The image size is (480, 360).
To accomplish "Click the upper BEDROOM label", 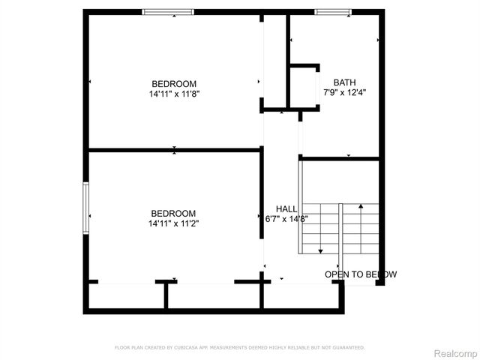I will pyautogui.click(x=174, y=84).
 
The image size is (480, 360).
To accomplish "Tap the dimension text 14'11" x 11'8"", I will pyautogui.click(x=174, y=94).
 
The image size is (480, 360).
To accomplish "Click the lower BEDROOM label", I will pyautogui.click(x=173, y=213).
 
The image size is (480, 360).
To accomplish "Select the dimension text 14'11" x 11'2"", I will pyautogui.click(x=173, y=223).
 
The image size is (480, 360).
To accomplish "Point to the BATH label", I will pyautogui.click(x=345, y=82).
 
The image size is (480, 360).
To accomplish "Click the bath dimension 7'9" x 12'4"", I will pyautogui.click(x=345, y=92).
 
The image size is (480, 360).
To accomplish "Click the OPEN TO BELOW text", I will pyautogui.click(x=360, y=274).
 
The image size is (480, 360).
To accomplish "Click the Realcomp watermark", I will pyautogui.click(x=455, y=352).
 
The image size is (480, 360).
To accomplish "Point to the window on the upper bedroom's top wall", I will pyautogui.click(x=168, y=11).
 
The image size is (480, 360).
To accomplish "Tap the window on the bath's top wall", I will pyautogui.click(x=332, y=11).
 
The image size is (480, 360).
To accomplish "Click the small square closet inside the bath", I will pyautogui.click(x=304, y=88).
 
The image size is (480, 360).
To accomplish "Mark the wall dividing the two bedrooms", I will pyautogui.click(x=174, y=150).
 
